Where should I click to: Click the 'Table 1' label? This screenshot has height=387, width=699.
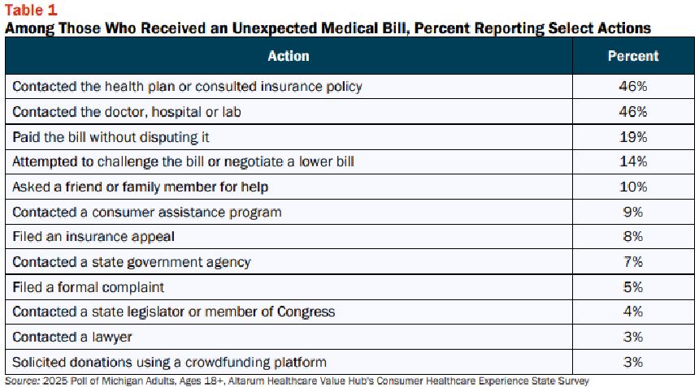[x=31, y=10]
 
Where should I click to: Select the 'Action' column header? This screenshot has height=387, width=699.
[x=289, y=56]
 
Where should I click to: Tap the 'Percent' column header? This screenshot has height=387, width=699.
[x=633, y=56]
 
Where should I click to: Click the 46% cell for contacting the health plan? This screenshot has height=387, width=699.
[x=633, y=86]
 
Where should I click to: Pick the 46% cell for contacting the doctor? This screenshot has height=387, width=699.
[x=633, y=112]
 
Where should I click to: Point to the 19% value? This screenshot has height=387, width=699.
[x=633, y=137]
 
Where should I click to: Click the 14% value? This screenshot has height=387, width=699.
[x=633, y=161]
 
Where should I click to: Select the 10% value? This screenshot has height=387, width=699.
[x=633, y=187]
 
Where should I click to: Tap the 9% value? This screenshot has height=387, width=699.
[x=633, y=213]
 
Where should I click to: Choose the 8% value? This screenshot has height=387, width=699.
[x=633, y=237]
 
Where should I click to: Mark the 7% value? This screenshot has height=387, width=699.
[x=633, y=262]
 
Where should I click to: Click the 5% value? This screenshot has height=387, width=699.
[x=633, y=287]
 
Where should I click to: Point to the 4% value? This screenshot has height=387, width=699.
[x=633, y=312]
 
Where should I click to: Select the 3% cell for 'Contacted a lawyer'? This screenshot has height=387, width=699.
[x=633, y=338]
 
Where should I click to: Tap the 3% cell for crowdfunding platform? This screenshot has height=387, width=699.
[x=633, y=363]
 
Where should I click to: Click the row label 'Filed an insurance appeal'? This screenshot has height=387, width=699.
[x=93, y=237]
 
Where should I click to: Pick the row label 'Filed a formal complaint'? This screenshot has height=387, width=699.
[x=89, y=288]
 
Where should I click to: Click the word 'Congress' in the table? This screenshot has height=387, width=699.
[x=306, y=312]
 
